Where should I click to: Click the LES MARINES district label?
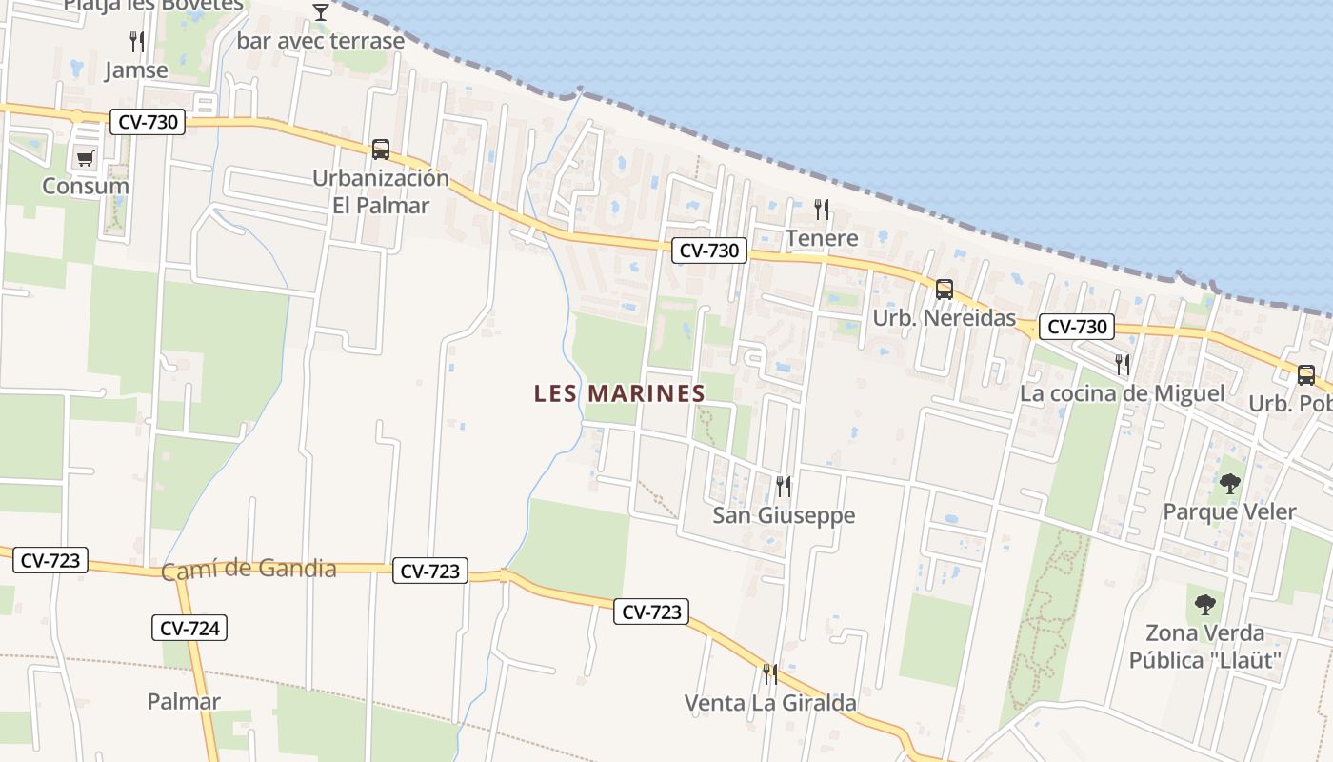point(619,393)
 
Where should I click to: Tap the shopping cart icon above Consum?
point(86,158)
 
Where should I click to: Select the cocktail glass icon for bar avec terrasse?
point(321,12)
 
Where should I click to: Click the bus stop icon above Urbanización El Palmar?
point(381,150)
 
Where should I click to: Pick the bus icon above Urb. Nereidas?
point(944,290)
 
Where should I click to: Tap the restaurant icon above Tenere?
point(822,210)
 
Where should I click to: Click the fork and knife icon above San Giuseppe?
point(784,487)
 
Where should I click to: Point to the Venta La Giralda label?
point(770,704)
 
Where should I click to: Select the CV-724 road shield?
point(189,628)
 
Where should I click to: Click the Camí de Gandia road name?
point(249,570)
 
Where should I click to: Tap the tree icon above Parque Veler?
point(1229,484)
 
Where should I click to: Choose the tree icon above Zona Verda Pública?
point(1204,604)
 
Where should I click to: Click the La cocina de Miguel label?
point(1122,393)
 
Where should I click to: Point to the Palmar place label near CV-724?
point(184,702)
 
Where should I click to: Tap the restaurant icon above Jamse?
point(137,42)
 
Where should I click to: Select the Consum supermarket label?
point(86,186)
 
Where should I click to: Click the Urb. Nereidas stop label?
point(945,318)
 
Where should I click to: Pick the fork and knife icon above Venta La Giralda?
point(769,674)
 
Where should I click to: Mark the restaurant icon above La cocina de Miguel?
point(1123,364)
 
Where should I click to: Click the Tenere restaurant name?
point(822,238)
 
